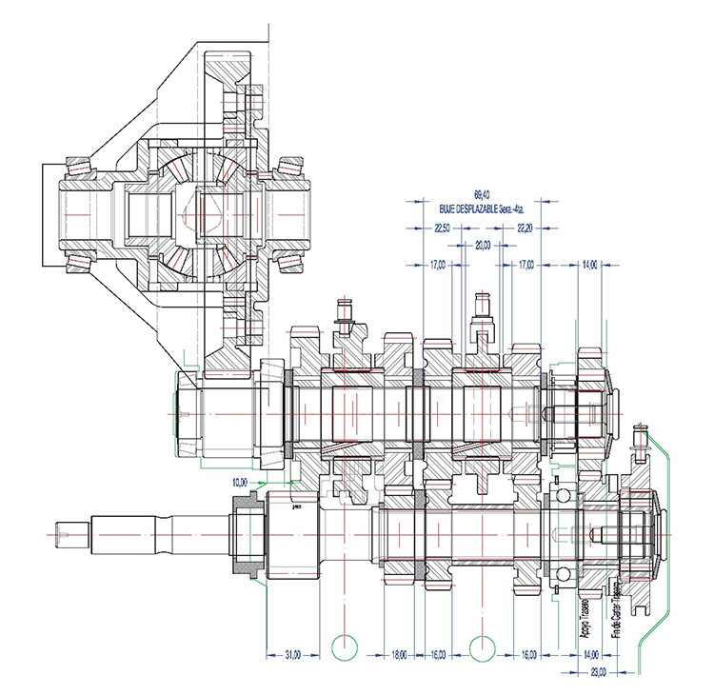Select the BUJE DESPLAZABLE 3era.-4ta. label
tap(472, 206)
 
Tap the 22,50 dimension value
tap(443, 228)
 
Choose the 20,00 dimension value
tap(484, 246)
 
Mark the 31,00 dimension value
tap(293, 654)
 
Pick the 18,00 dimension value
tap(400, 654)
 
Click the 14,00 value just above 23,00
tap(590, 654)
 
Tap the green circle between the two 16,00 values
tap(484, 646)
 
